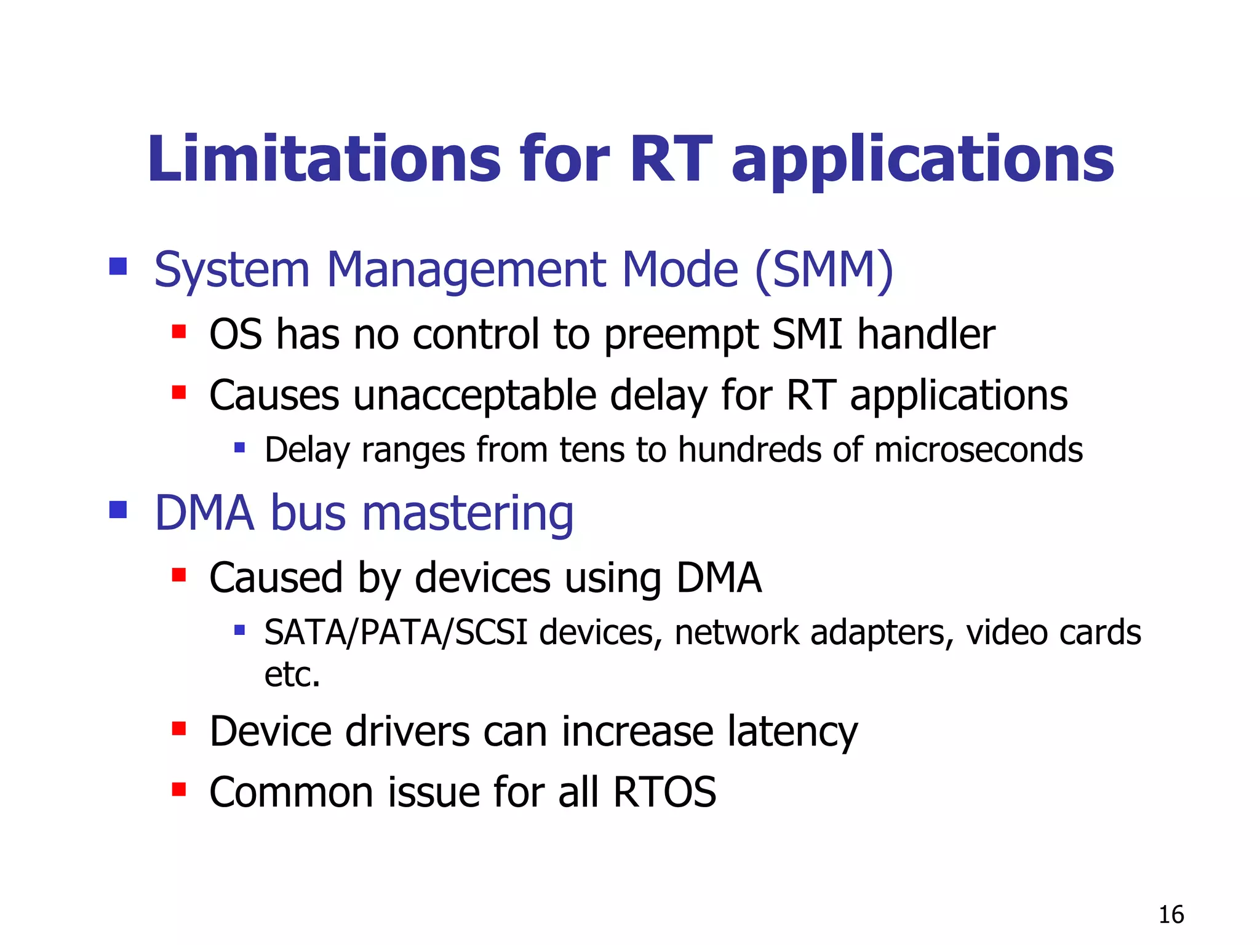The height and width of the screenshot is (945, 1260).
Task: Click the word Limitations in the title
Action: click(324, 159)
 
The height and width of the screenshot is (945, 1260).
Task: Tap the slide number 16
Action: click(1171, 915)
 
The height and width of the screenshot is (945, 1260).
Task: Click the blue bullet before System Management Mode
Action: click(118, 266)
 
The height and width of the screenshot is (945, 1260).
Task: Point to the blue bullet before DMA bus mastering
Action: click(118, 510)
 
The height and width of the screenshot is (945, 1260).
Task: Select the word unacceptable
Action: click(474, 395)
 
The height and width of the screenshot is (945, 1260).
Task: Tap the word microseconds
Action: click(978, 450)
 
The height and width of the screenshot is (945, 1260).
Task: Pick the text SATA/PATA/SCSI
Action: click(396, 632)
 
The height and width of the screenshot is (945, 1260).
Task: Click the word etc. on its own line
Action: click(292, 674)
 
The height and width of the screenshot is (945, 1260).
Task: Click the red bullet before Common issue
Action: click(179, 789)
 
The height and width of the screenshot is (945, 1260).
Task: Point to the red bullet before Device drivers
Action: click(179, 728)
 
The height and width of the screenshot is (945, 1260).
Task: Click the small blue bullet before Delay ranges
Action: click(240, 447)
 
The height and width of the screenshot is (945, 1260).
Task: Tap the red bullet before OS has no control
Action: click(179, 332)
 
